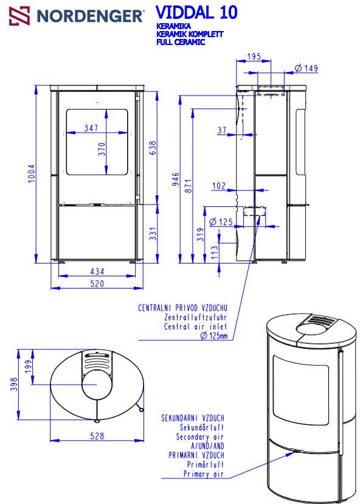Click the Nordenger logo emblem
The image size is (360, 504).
pos(19,16)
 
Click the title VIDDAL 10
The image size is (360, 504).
pos(196,13)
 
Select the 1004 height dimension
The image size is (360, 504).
pos(32,173)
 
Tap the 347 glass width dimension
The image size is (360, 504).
pos(91,128)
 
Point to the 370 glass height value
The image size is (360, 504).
pos(102,149)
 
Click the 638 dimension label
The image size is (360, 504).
pos(153,147)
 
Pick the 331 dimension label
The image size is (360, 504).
pos(153,234)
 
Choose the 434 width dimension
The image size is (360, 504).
pos(97,271)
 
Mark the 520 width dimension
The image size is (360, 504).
pos(97,284)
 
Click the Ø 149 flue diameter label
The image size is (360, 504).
pos(306,68)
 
